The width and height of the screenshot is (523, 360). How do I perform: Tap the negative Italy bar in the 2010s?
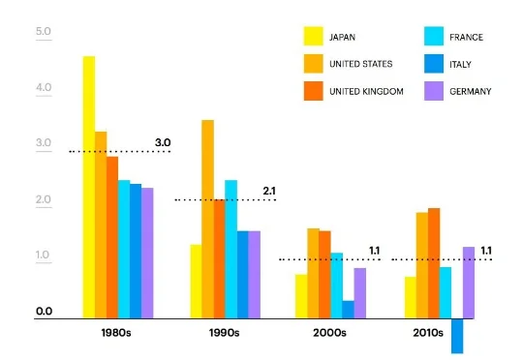pyautogui.click(x=457, y=335)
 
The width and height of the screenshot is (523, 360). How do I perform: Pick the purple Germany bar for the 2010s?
pyautogui.click(x=469, y=283)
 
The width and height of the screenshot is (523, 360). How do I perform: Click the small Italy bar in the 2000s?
pyautogui.click(x=348, y=309)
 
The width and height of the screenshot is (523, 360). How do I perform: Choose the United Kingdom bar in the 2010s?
pyautogui.click(x=434, y=262)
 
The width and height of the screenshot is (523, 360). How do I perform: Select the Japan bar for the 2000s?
pyautogui.click(x=301, y=295)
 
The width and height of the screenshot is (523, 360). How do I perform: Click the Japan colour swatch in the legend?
pyautogui.click(x=314, y=38)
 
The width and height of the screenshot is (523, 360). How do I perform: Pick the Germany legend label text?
pyautogui.click(x=470, y=91)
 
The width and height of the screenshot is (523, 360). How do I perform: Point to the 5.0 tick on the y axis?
pyautogui.click(x=43, y=33)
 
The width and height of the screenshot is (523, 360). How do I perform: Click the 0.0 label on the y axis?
pyautogui.click(x=43, y=312)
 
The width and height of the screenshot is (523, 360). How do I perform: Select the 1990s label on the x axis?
pyautogui.click(x=225, y=332)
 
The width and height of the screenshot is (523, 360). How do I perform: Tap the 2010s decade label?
pyautogui.click(x=426, y=332)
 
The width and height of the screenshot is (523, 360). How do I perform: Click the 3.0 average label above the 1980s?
pyautogui.click(x=163, y=143)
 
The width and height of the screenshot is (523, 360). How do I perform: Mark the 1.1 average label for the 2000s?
pyautogui.click(x=375, y=251)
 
